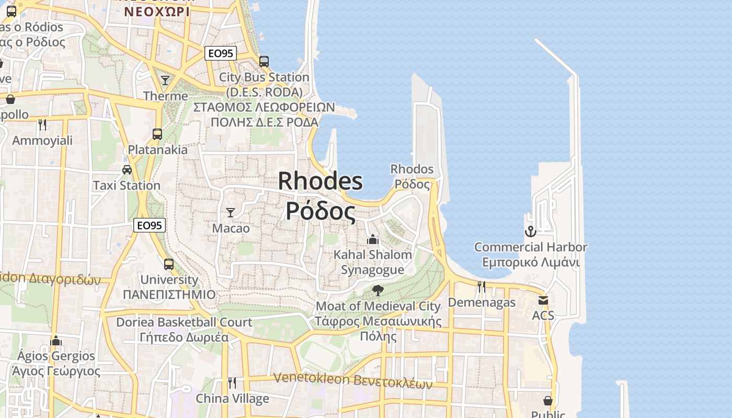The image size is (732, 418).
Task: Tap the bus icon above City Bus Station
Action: tap(264, 62)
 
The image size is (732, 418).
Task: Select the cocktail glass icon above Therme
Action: tap(165, 80)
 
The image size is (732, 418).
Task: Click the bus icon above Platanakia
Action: tap(157, 134)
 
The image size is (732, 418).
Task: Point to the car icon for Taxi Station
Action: tap(127, 169)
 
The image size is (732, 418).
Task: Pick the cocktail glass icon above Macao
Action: tap(230, 212)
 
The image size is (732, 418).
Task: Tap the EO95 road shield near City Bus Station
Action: tap(221, 53)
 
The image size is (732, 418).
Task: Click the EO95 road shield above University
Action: tap(149, 225)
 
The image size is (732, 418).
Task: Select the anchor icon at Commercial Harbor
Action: tap(531, 231)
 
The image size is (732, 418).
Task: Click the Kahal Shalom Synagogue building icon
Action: tap(373, 239)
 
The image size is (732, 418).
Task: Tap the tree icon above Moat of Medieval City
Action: tap(378, 291)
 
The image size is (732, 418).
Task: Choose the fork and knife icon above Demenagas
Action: tap(482, 286)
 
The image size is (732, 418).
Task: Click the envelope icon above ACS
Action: tap(543, 300)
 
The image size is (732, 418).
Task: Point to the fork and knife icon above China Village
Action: tap(232, 383)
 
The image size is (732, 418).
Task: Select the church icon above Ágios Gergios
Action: tap(55, 341)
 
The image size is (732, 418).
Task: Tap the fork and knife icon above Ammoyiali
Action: tap(42, 124)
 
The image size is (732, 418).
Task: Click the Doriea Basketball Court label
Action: tap(184, 322)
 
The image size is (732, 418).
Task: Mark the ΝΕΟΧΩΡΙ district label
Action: tap(156, 10)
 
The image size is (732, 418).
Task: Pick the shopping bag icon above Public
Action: tap(548, 400)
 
